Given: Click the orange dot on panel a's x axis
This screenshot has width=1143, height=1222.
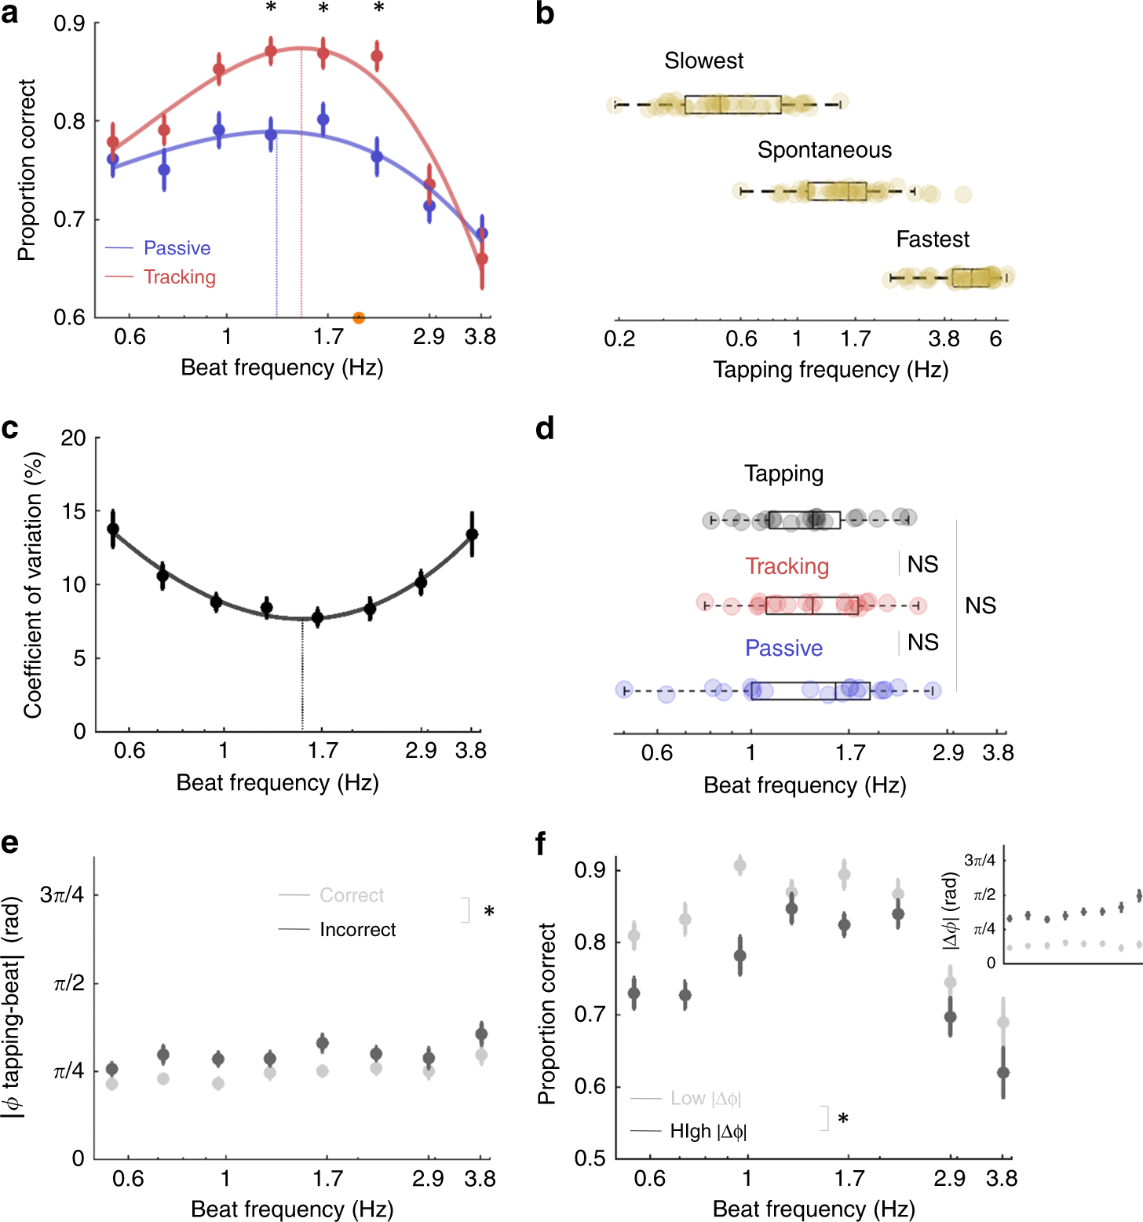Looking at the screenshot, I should click(359, 318).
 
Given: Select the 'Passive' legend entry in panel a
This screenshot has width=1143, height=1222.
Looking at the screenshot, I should click(177, 248).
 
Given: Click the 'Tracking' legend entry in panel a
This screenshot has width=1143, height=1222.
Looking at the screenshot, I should click(179, 277).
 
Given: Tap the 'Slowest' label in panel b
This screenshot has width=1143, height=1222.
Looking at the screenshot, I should click(703, 60).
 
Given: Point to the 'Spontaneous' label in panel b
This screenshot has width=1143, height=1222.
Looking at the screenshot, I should click(824, 150).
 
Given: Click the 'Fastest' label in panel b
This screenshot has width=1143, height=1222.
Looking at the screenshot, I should click(933, 239).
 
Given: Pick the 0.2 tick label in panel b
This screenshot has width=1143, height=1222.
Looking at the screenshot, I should click(619, 339).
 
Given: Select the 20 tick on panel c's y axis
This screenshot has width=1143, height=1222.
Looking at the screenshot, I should click(74, 438).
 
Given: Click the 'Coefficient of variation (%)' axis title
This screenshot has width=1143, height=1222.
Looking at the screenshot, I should click(33, 585).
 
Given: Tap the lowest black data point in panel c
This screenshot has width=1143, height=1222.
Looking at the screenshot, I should click(317, 617).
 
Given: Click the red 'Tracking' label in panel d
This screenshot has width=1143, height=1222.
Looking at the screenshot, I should click(787, 566).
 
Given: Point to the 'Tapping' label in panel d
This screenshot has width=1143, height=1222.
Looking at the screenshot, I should click(783, 474).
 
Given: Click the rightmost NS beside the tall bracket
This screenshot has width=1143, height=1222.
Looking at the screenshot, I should click(980, 606).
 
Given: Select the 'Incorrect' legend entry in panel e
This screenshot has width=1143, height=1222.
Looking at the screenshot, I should click(357, 930).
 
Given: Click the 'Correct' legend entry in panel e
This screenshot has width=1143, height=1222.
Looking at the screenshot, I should click(352, 895).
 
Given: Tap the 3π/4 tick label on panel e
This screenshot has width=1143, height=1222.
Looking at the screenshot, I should click(62, 895).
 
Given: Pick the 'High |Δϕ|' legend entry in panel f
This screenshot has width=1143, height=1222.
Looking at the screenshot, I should click(708, 1131).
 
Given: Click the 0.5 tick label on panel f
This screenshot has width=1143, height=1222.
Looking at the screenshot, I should click(590, 1158).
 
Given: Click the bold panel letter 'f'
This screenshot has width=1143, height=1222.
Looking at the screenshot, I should click(541, 844).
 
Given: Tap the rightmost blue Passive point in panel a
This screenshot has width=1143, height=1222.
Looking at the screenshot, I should click(482, 233).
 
